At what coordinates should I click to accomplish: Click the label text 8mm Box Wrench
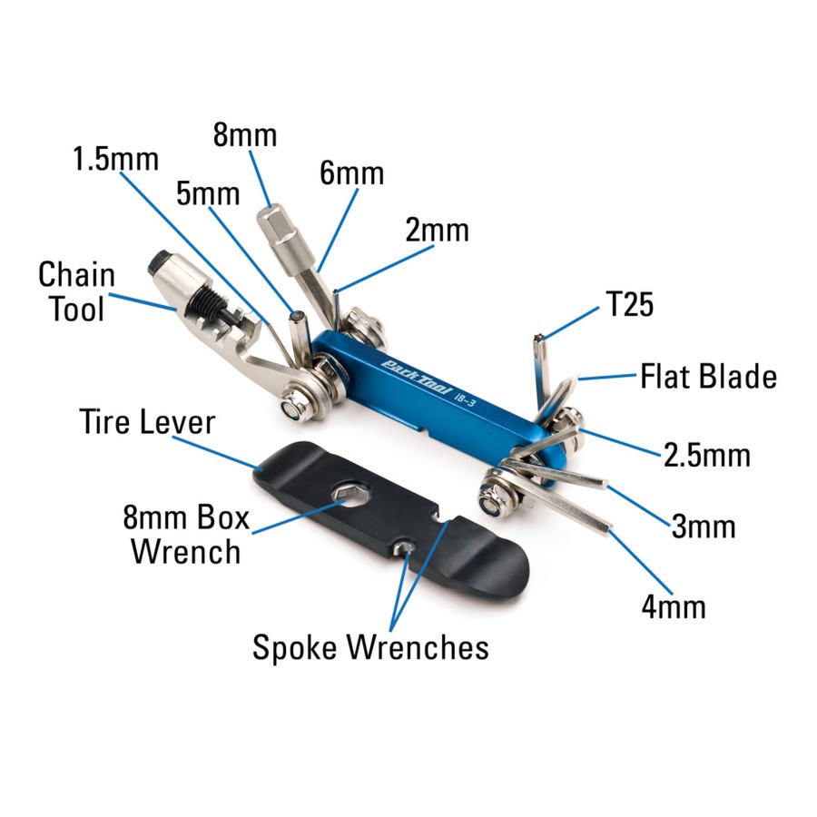coord(186,535)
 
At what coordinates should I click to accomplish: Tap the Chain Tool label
coord(76,291)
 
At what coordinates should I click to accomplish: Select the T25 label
coord(630,304)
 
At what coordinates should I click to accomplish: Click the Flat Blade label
coord(709,376)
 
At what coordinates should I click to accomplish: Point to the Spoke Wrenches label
coord(370,647)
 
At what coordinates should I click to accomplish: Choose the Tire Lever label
coord(147,421)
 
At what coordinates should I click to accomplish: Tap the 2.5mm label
coord(707,455)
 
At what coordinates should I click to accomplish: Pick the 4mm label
coord(674,606)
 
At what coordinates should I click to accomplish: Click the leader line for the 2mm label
coord(385,269)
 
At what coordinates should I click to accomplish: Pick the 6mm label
coord(351,173)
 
